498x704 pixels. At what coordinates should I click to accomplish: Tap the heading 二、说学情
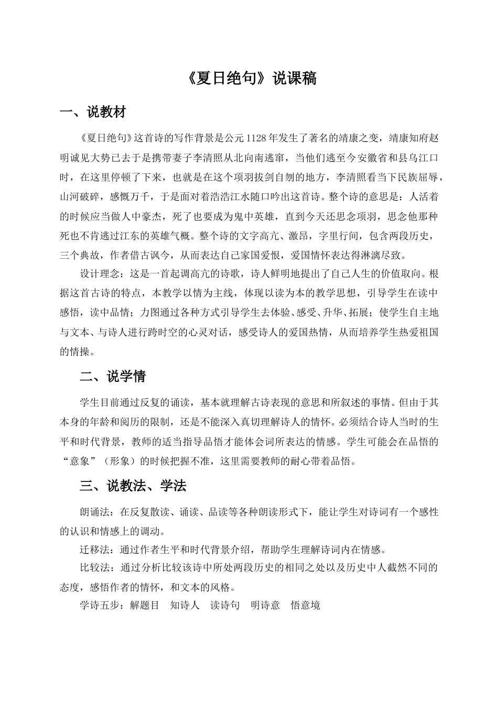tap(113, 377)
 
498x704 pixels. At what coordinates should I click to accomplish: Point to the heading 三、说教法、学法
tap(133, 486)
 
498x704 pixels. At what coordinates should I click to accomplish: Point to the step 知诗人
tap(185, 606)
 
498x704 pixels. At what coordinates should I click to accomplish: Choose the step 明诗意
tap(265, 606)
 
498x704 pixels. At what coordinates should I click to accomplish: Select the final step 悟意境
tap(306, 606)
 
